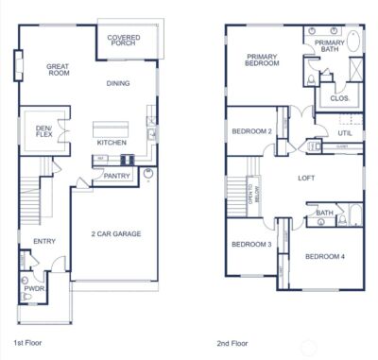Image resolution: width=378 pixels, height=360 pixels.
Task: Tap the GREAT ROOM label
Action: [x=59, y=71]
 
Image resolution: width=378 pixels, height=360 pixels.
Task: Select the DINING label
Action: [x=118, y=83]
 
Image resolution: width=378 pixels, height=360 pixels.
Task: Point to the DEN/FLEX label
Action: [x=43, y=131]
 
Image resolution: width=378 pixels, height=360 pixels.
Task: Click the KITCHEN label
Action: [x=112, y=143]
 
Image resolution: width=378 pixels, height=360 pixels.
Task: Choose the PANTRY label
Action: [x=117, y=176]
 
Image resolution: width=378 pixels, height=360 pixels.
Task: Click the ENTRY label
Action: [x=43, y=242]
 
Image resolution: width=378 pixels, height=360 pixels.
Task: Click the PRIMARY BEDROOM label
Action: [x=263, y=60]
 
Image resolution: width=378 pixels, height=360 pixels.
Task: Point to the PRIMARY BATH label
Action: [x=330, y=46]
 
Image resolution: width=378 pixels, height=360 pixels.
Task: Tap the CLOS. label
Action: [x=338, y=98]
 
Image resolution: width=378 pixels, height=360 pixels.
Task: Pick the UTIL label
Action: [x=345, y=133]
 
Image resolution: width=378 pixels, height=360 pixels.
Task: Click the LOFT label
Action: [x=306, y=178]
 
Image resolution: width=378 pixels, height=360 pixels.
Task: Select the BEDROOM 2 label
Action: [x=252, y=131]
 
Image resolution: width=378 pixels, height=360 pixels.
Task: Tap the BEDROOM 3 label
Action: [x=251, y=245]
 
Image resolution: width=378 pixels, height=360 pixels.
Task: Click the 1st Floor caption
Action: [x=28, y=342]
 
